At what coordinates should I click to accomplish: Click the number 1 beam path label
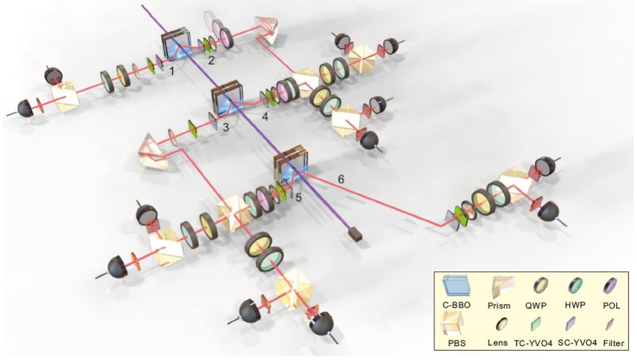tap(171, 70)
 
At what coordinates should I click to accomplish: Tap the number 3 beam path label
tap(226, 125)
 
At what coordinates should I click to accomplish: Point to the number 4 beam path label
tap(265, 117)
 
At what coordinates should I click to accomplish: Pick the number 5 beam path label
tap(299, 197)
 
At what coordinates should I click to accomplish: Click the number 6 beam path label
tap(341, 179)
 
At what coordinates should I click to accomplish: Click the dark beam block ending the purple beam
tap(354, 233)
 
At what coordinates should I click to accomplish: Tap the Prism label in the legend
tap(500, 305)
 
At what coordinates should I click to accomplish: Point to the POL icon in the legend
tap(609, 289)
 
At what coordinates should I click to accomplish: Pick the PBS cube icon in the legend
tap(459, 325)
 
